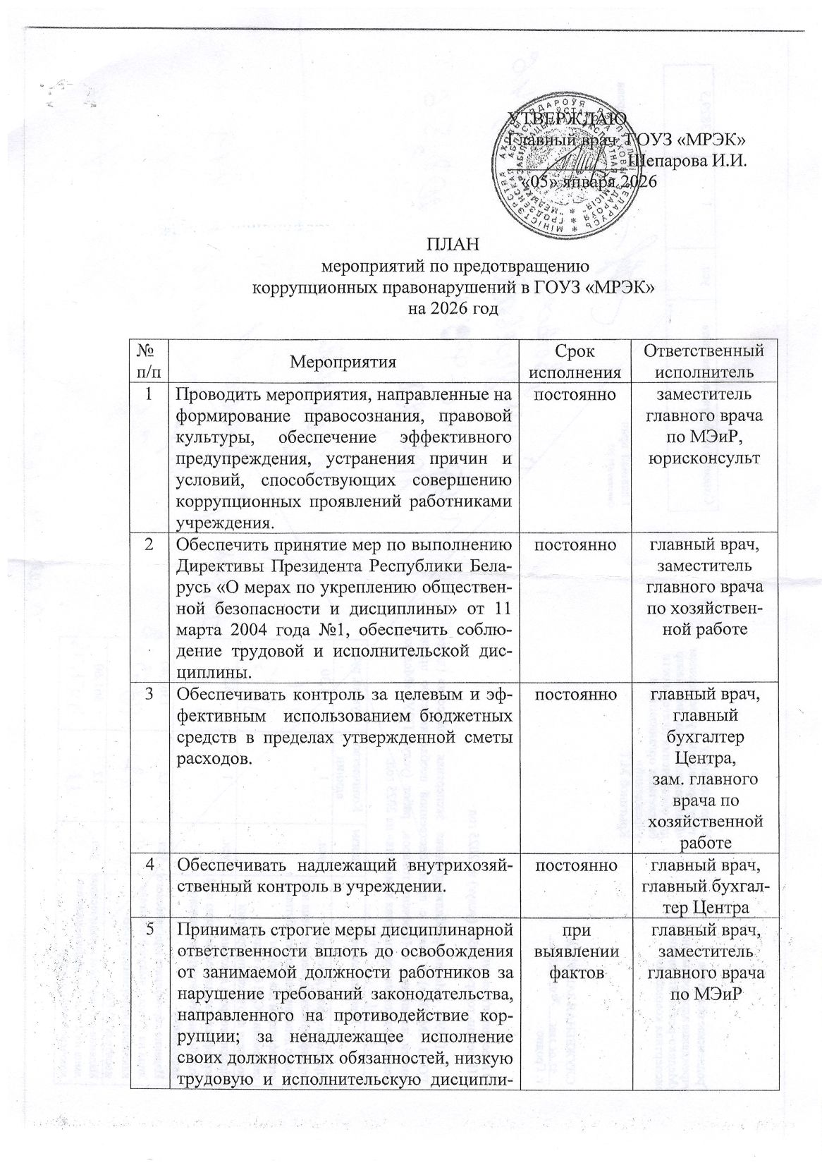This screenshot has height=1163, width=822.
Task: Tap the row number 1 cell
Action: coord(149,395)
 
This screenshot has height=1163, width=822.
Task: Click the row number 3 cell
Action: coord(149,695)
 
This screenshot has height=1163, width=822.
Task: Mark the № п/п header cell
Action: coord(149,361)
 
